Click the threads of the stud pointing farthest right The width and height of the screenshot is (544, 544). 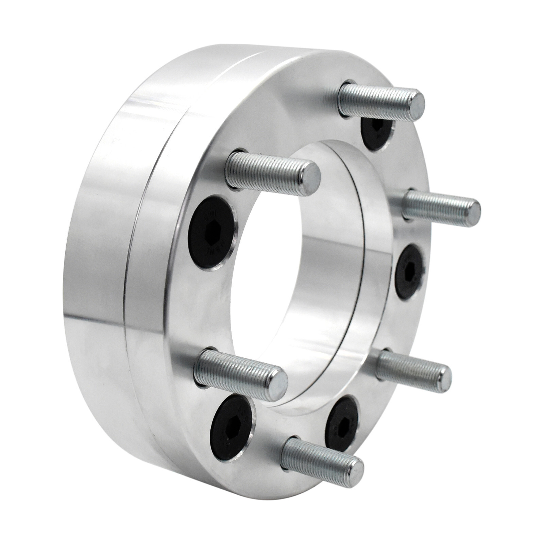(x=435, y=204)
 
